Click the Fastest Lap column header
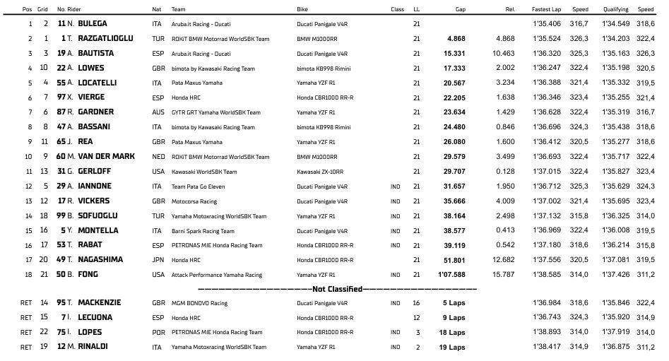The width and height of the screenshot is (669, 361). coord(545,9)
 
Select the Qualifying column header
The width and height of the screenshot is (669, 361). coord(615,9)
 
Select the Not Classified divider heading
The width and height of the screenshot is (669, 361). coord(338,289)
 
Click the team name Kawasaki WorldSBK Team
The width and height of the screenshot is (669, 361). coord(204,172)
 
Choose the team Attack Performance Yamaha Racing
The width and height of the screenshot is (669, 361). coord(217,275)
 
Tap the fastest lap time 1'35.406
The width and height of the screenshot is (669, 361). coord(545,23)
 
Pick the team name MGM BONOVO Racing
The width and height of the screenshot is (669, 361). coord(200,303)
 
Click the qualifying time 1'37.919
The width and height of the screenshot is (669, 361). coord(615,332)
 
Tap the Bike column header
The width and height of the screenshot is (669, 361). coord(303,9)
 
